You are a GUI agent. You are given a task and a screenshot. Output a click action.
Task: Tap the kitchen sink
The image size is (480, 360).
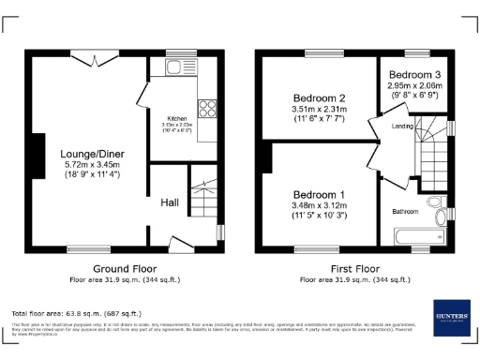pos(173,67)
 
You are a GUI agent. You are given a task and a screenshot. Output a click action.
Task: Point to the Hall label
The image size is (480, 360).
pos(170,202)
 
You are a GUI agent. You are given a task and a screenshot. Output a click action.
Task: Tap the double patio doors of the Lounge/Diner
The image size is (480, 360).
pos(97,59)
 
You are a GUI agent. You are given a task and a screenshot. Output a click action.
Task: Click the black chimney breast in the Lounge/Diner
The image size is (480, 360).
pos(38,155)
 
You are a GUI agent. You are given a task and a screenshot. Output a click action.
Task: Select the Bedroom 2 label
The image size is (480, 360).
pos(320,98)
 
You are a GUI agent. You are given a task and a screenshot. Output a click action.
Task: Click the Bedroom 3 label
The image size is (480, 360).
pos(414,74)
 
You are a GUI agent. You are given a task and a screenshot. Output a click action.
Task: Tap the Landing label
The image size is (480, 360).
pos(402,125)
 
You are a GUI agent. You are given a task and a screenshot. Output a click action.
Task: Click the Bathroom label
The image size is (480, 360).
pos(405,212)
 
